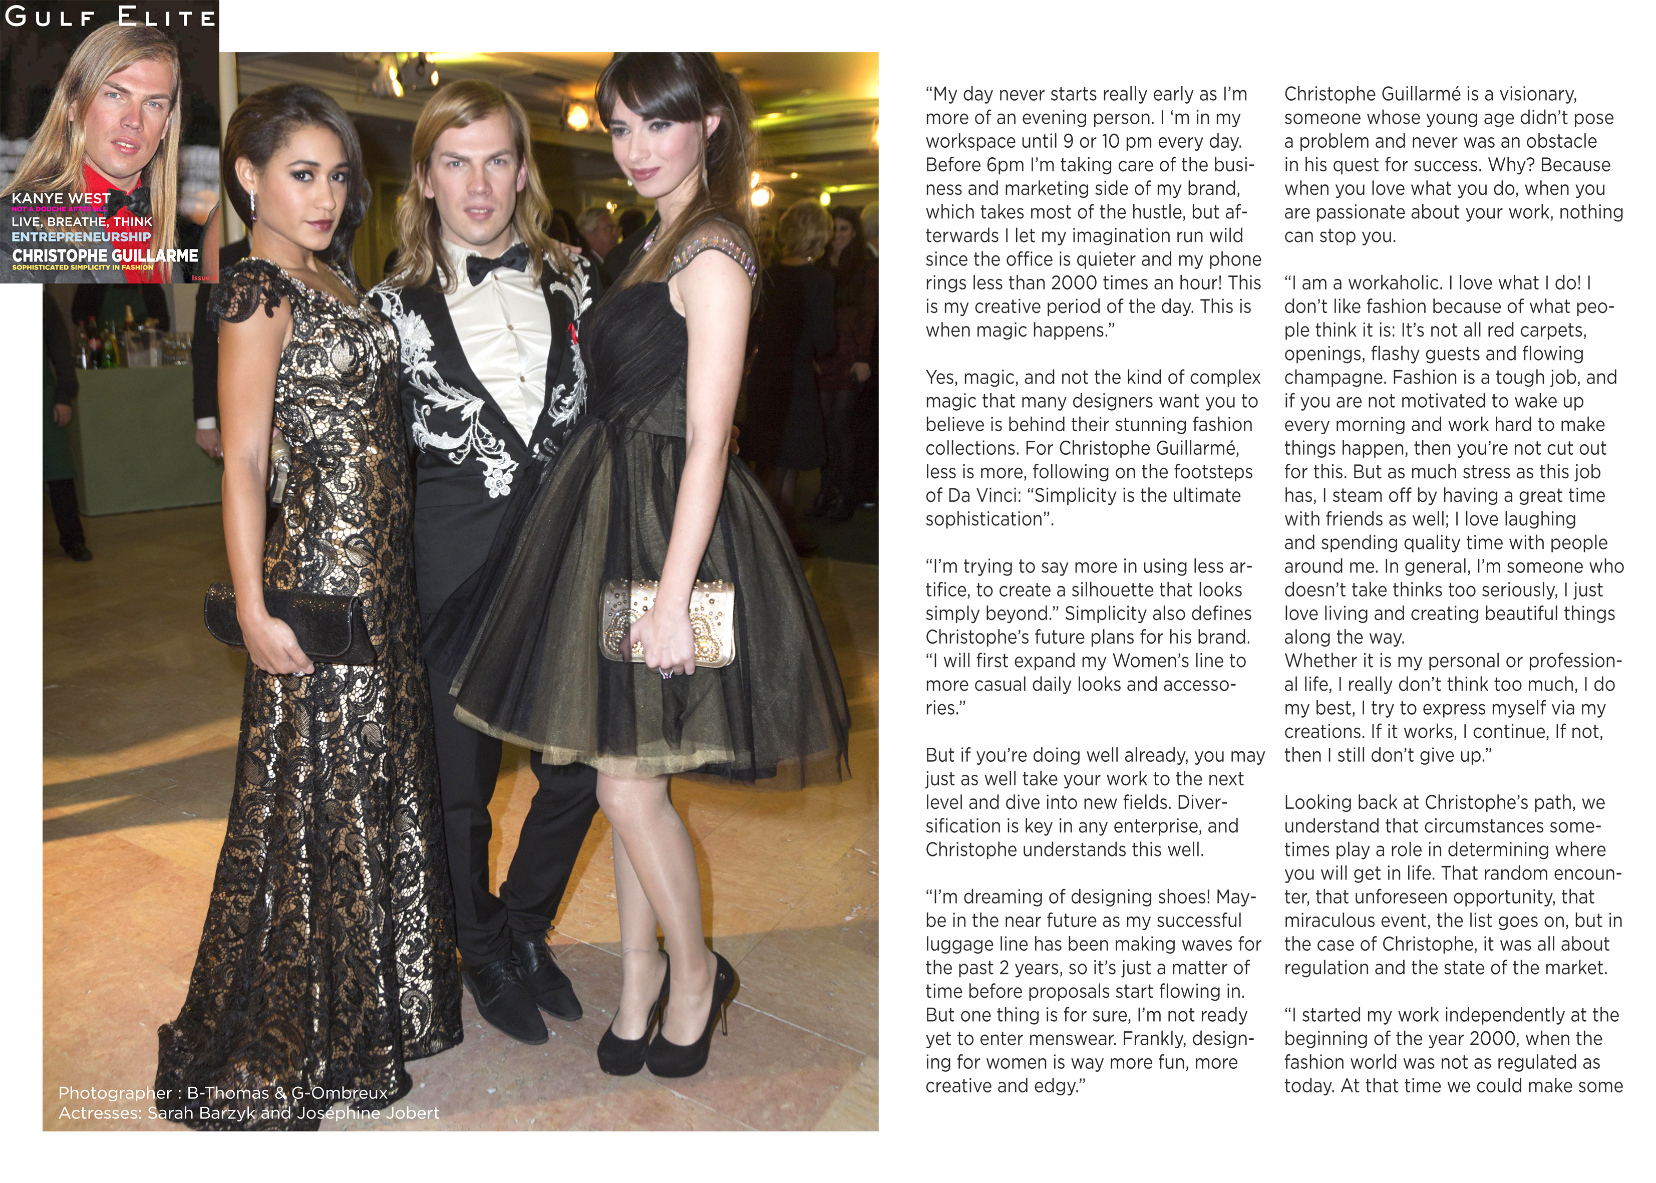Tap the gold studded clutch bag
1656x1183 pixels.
(x=667, y=623)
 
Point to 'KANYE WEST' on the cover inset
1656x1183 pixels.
(x=61, y=198)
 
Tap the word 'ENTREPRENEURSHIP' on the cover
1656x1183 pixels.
(x=81, y=237)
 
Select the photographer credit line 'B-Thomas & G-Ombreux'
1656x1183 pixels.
(x=287, y=1093)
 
